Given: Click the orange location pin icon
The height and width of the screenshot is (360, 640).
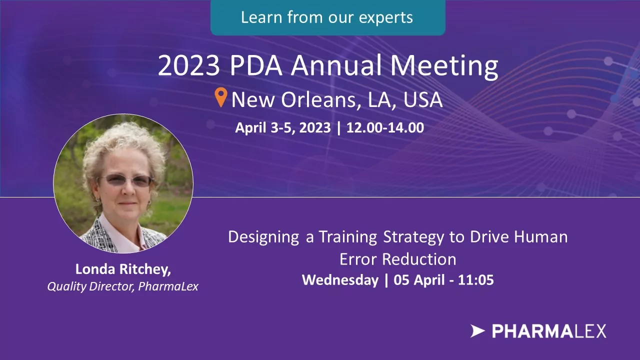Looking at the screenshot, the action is tap(221, 97).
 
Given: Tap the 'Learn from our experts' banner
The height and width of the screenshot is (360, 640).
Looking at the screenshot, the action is tap(327, 17).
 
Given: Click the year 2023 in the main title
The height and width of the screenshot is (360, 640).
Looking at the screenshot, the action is tap(189, 65).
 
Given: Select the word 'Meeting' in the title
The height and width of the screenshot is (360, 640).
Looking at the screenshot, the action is tap(444, 66).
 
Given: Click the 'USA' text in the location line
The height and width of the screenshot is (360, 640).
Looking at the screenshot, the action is tap(423, 99).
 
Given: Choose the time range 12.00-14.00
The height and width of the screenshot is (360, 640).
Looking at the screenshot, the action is tap(385, 127).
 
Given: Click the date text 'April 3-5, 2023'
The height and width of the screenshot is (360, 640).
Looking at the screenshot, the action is tap(283, 128).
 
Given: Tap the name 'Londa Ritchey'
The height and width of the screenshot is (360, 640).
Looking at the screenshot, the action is tap(123, 269).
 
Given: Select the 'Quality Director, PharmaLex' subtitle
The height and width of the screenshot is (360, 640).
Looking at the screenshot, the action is tap(123, 286).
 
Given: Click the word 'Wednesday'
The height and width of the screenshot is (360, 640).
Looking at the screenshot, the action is tap(340, 280).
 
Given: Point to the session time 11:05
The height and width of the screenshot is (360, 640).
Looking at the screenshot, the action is tap(475, 280).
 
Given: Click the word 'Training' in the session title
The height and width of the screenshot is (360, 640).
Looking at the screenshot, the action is tap(347, 237).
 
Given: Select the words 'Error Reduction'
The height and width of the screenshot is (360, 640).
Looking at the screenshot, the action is tap(397, 259).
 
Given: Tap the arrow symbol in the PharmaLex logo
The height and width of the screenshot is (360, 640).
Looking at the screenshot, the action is tap(477, 331).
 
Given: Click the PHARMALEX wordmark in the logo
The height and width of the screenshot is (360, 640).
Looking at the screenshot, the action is tap(549, 331).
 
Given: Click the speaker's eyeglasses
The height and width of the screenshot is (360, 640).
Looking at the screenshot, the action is tap(125, 180).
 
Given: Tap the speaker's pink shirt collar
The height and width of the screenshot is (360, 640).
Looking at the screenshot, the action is tap(120, 234).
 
